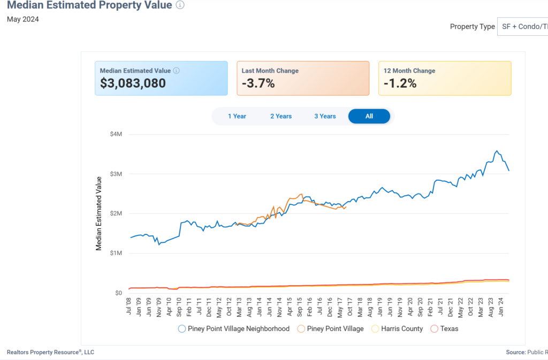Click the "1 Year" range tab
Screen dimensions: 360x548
click(237, 116)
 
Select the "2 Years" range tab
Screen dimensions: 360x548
click(281, 116)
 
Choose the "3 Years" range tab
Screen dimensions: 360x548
click(325, 116)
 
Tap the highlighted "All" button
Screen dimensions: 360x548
click(369, 116)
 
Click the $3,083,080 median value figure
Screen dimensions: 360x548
click(133, 83)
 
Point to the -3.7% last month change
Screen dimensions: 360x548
click(258, 83)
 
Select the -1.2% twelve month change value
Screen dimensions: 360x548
click(400, 83)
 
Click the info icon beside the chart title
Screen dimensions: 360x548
click(180, 5)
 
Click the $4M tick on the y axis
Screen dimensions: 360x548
click(116, 134)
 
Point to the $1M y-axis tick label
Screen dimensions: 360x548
click(116, 253)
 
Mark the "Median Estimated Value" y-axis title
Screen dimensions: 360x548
click(98, 213)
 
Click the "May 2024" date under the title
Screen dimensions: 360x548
click(22, 19)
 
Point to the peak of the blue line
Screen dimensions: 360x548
click(497, 151)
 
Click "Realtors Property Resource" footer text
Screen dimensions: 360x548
click(50, 352)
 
